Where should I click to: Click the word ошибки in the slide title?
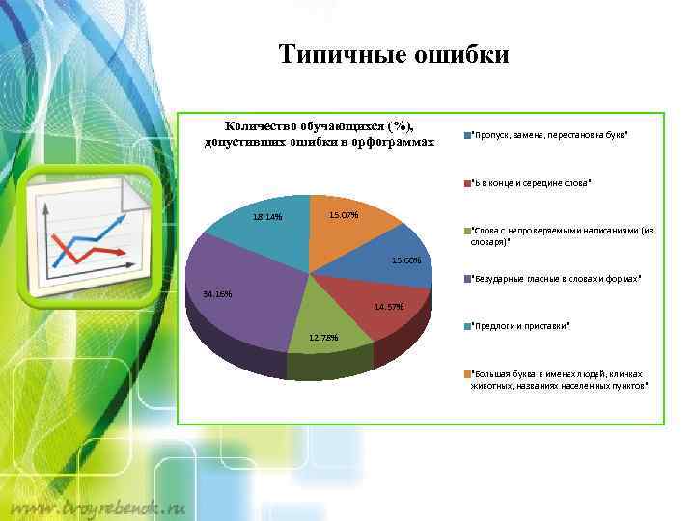pyautogui.click(x=459, y=55)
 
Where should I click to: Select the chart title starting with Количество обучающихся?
pyautogui.click(x=319, y=135)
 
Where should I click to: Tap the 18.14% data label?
pyautogui.click(x=266, y=217)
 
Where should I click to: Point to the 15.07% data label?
pyautogui.click(x=344, y=214)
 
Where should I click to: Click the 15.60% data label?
pyautogui.click(x=405, y=260)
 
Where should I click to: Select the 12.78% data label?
pyautogui.click(x=323, y=338)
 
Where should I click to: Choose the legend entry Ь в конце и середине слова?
pyautogui.click(x=530, y=182)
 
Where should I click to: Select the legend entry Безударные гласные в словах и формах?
pyautogui.click(x=555, y=279)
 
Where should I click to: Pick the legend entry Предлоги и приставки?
pyautogui.click(x=519, y=326)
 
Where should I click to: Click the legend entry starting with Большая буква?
pyautogui.click(x=558, y=378)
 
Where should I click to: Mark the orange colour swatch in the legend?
pyautogui.click(x=466, y=373)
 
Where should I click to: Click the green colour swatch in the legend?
pyautogui.click(x=466, y=231)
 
